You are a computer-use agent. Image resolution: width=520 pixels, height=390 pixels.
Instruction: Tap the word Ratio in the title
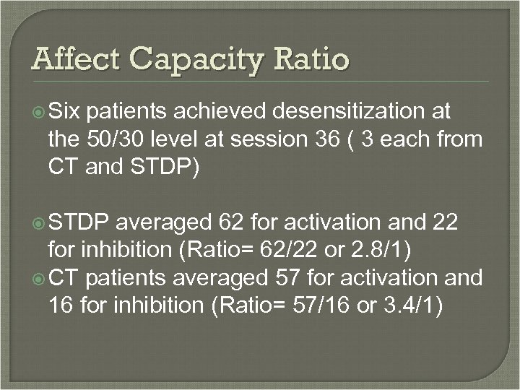[x=311, y=58]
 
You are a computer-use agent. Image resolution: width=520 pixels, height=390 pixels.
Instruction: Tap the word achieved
[x=227, y=110]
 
